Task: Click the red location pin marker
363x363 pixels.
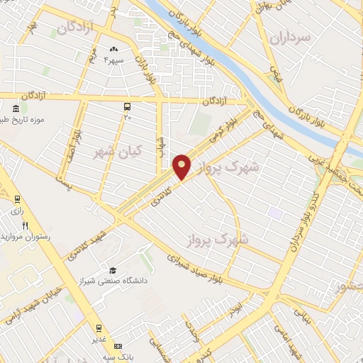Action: [182, 166]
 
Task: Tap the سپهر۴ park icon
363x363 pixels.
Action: [112, 49]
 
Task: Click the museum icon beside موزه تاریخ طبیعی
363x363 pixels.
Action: [16, 109]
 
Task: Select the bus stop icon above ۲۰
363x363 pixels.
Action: [127, 106]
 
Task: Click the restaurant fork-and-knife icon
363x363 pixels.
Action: [26, 225]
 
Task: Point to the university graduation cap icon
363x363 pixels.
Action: [112, 270]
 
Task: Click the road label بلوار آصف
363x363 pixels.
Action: [76, 145]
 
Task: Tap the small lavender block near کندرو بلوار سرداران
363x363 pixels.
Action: [274, 213]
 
